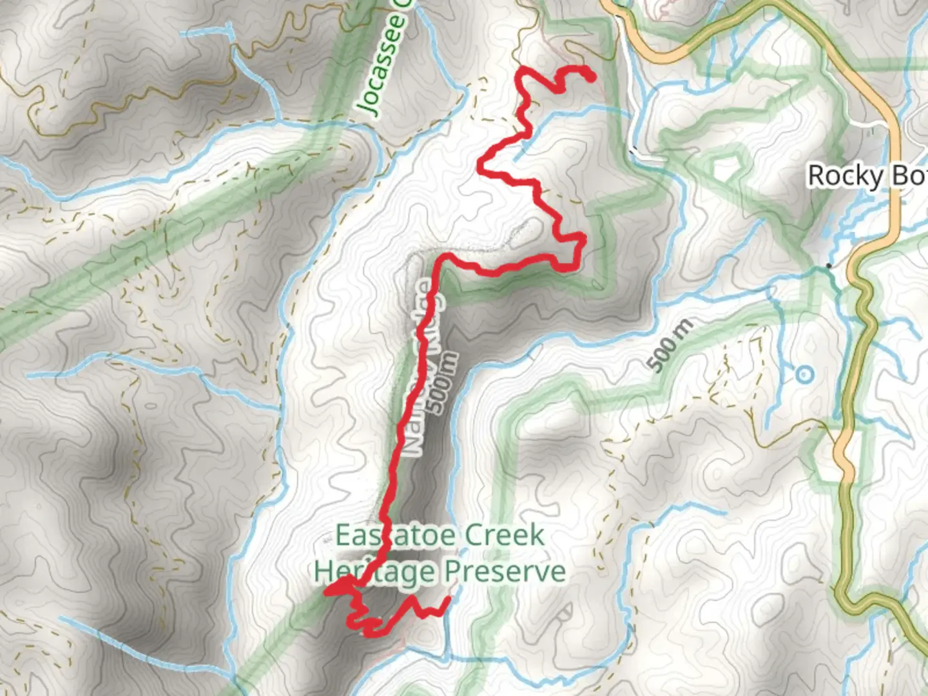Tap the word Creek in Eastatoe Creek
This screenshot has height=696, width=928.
pyautogui.click(x=505, y=536)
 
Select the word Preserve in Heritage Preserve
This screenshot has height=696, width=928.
pyautogui.click(x=505, y=571)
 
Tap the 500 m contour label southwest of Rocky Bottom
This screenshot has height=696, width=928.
pyautogui.click(x=671, y=345)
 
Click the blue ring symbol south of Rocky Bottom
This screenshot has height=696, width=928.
pyautogui.click(x=804, y=374)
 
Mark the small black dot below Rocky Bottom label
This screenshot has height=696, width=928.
pyautogui.click(x=829, y=266)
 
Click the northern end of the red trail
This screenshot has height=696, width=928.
pyautogui.click(x=591, y=78)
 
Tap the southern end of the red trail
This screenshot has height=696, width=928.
pyautogui.click(x=447, y=599)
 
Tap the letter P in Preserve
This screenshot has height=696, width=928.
pyautogui.click(x=453, y=571)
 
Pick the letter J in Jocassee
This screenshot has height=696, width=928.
pyautogui.click(x=371, y=108)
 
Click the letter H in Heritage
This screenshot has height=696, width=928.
pyautogui.click(x=323, y=571)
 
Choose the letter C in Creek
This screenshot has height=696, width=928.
pyautogui.click(x=474, y=536)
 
